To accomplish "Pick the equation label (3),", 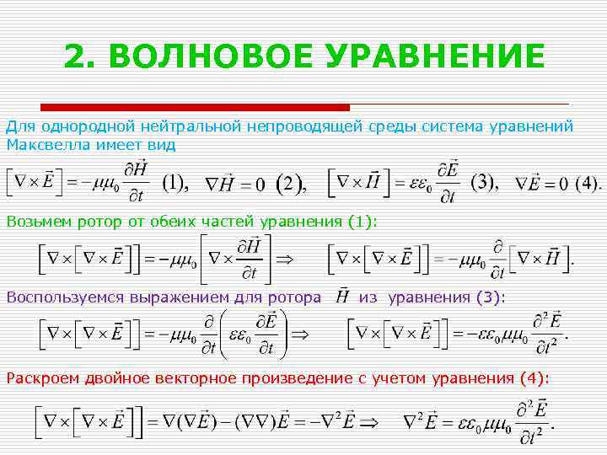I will tap(486, 183).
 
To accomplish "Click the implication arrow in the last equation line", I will tap(371, 420).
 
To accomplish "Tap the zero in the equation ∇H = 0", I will tap(260, 184).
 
